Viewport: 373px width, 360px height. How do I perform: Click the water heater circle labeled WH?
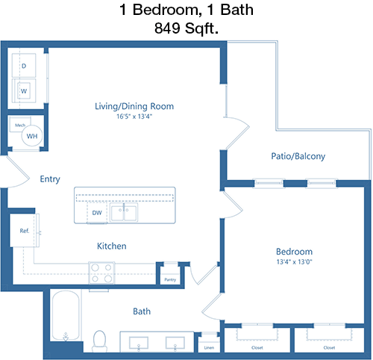(32, 136)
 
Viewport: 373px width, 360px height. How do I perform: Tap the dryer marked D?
(24, 66)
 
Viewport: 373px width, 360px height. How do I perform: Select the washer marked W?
(24, 90)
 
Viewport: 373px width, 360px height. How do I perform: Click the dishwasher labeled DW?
(97, 213)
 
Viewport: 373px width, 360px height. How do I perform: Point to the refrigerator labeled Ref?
(25, 230)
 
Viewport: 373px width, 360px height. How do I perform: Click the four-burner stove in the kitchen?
(101, 273)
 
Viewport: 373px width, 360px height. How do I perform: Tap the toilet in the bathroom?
(99, 341)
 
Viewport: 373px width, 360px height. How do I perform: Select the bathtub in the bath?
(66, 315)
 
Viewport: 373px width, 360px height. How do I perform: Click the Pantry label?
(170, 279)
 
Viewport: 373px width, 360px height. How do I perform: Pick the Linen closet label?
(209, 347)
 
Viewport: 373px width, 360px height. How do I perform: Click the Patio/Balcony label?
(298, 156)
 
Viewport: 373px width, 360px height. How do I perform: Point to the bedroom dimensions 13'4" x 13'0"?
(294, 261)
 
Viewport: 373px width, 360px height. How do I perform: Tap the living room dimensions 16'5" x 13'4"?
(134, 117)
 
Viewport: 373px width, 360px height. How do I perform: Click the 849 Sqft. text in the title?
(186, 28)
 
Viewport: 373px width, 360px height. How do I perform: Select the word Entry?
(50, 179)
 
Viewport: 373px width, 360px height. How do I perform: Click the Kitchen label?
(112, 246)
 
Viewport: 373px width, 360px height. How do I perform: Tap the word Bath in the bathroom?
(142, 311)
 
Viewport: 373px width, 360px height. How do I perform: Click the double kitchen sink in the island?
(124, 213)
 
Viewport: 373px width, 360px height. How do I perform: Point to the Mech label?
(20, 125)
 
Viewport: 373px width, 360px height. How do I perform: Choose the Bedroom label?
(294, 252)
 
